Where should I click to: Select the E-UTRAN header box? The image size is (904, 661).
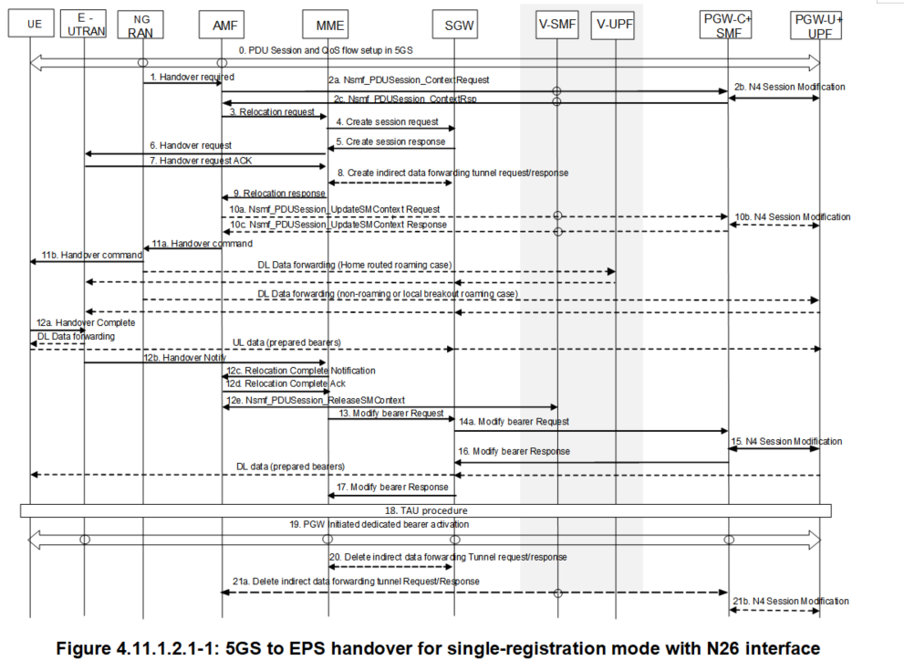(84, 25)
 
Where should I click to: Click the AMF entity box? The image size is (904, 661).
(223, 26)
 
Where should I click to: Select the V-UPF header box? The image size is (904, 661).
(615, 26)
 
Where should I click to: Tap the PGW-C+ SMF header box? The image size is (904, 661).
(727, 26)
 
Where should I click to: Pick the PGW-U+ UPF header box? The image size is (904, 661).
(817, 26)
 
